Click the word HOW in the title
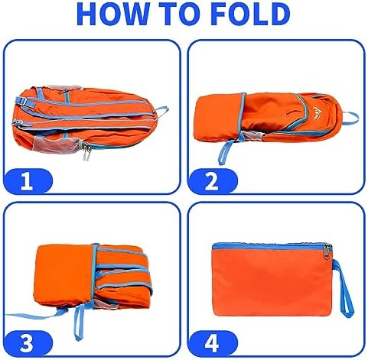pos(113,14)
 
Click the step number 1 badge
pos(28,181)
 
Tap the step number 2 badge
pos(213,181)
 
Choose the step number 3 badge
pos(28,343)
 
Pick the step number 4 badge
pos(213,343)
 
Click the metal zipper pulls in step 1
pos(86,151)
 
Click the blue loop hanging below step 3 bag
pos(79,322)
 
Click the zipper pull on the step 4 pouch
pos(327,251)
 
